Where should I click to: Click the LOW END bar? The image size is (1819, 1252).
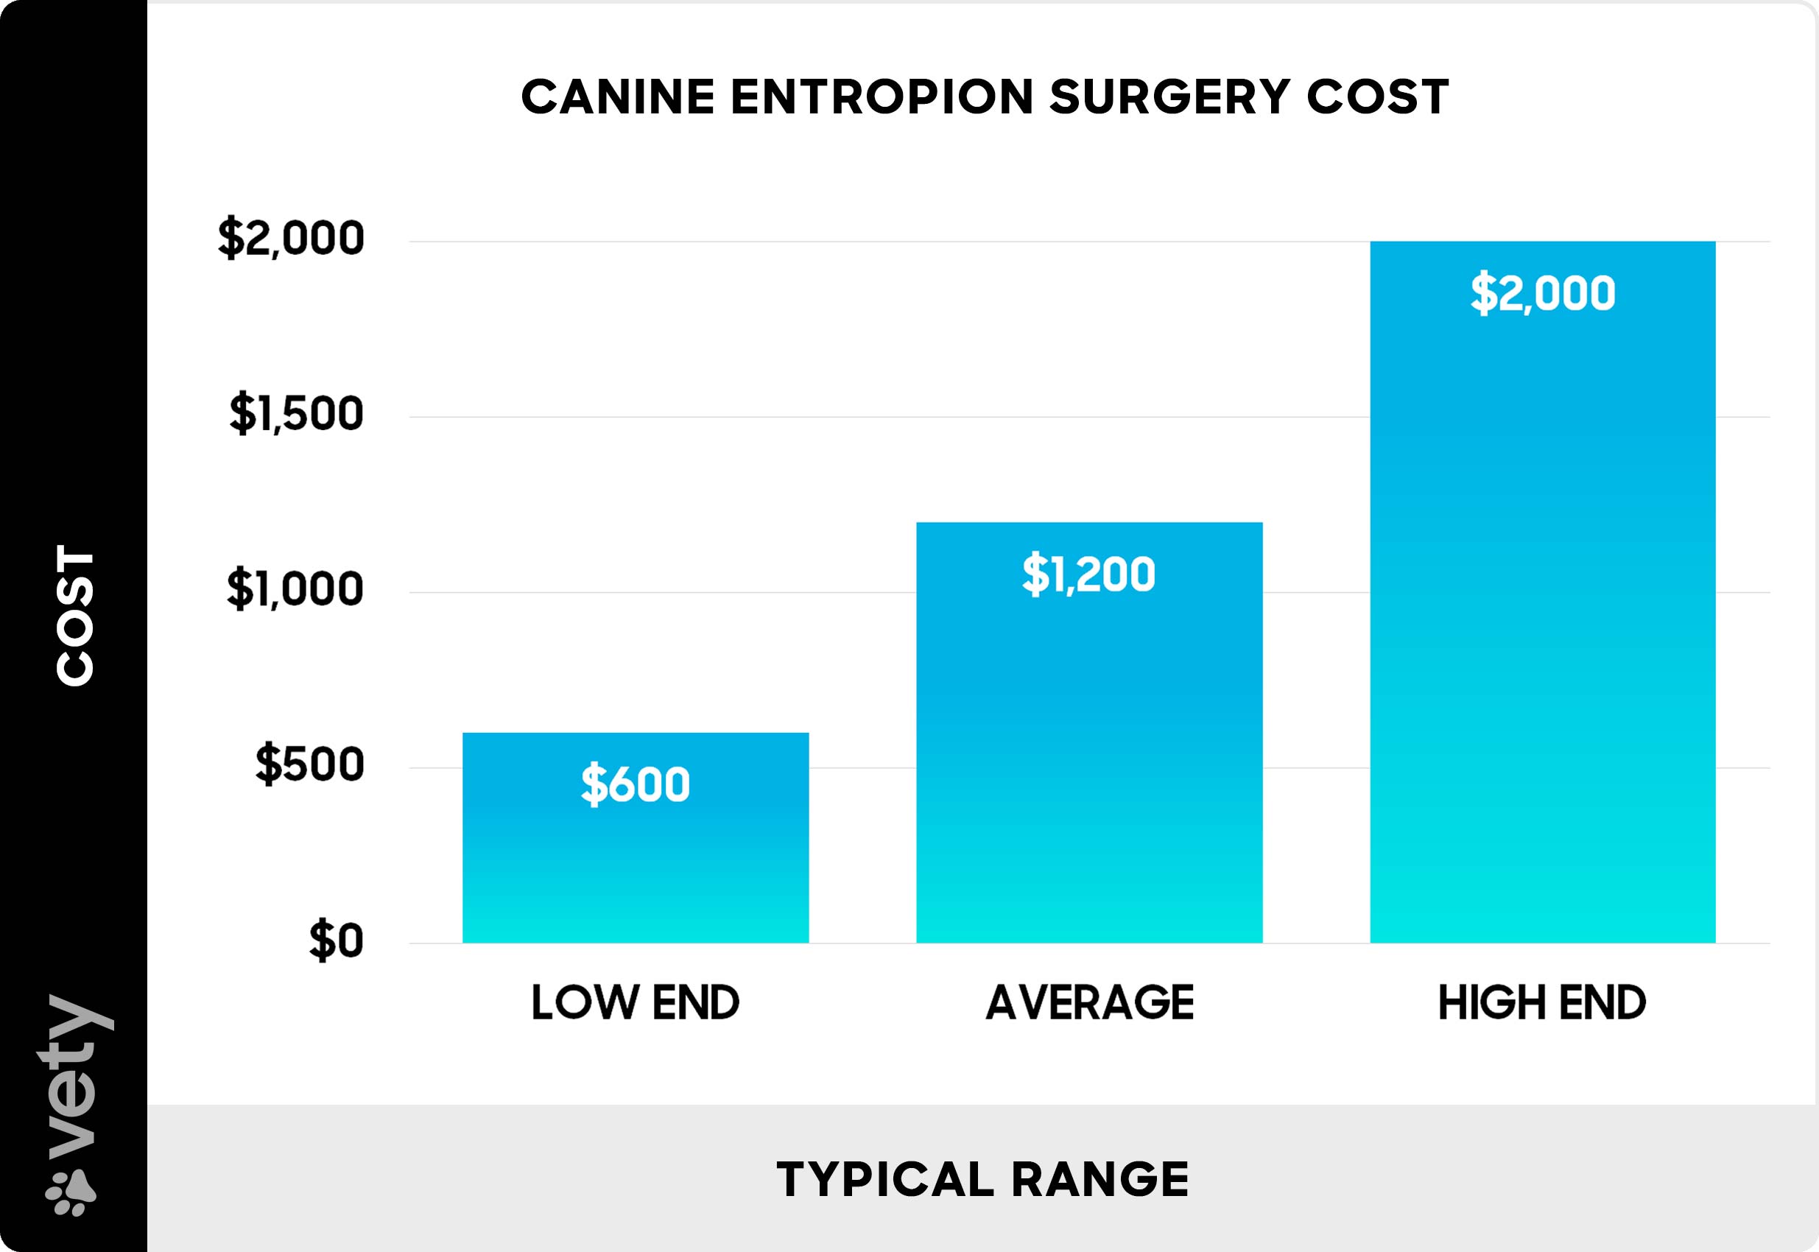click(x=636, y=863)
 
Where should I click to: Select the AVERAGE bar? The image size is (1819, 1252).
click(x=1088, y=745)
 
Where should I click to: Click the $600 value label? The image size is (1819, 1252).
click(x=636, y=784)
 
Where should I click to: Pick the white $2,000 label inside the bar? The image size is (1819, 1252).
click(x=1542, y=292)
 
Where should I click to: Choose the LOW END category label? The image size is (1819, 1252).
click(x=636, y=1002)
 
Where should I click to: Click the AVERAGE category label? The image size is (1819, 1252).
click(x=1089, y=1002)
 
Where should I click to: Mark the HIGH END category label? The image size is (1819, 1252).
click(x=1541, y=1002)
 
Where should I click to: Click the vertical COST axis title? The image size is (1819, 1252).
click(x=75, y=615)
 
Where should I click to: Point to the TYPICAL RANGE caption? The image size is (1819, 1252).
click(x=982, y=1179)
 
